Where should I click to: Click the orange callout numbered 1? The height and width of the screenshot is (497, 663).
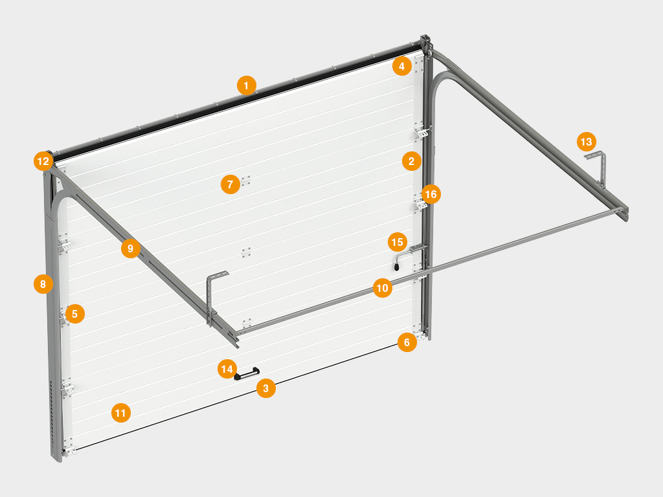(247, 86)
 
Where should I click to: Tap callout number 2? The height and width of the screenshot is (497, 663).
(411, 161)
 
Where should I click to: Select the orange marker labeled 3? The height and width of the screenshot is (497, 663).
(266, 388)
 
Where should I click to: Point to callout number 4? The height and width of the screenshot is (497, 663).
(401, 66)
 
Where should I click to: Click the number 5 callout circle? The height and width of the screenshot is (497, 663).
(75, 314)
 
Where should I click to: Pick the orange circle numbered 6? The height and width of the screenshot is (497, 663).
(407, 342)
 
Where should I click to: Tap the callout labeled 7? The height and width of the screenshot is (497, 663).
(230, 184)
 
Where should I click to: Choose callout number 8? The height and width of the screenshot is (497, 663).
(43, 284)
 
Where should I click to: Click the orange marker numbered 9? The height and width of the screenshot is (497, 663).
(131, 248)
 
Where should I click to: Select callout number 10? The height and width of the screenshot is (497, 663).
(383, 288)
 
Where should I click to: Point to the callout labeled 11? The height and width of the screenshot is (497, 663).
(121, 413)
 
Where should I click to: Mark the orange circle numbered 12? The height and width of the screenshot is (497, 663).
(43, 161)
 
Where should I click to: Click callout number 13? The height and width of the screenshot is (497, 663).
(587, 142)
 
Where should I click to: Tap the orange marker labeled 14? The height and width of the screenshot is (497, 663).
(227, 369)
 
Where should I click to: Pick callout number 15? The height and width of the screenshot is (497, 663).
(398, 242)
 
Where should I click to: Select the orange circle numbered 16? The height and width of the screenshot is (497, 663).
(431, 194)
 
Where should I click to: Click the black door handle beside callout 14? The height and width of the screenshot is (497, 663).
(247, 373)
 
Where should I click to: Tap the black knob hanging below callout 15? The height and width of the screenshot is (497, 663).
(397, 267)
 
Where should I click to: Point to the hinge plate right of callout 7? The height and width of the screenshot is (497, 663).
(245, 181)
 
